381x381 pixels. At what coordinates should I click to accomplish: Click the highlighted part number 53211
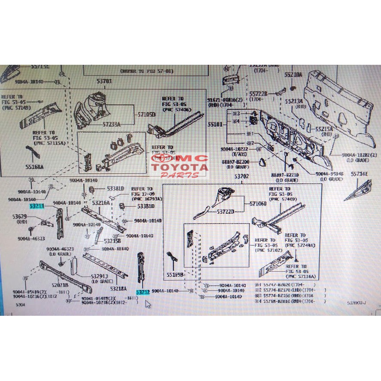37,206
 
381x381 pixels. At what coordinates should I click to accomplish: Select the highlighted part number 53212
143,292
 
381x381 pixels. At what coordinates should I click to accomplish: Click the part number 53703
104,81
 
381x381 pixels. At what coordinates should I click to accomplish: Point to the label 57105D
146,114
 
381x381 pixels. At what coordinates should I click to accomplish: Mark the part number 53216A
101,202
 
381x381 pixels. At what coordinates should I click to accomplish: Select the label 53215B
112,241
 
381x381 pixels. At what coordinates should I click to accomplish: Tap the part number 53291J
100,276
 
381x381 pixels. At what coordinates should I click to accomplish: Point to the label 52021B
60,284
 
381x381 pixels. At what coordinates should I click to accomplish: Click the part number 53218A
118,289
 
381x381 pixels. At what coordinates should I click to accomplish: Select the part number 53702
241,176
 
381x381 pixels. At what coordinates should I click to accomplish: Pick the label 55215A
324,129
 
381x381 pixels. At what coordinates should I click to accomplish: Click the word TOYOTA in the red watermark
179,167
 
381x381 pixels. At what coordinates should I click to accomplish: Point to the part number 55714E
360,174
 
